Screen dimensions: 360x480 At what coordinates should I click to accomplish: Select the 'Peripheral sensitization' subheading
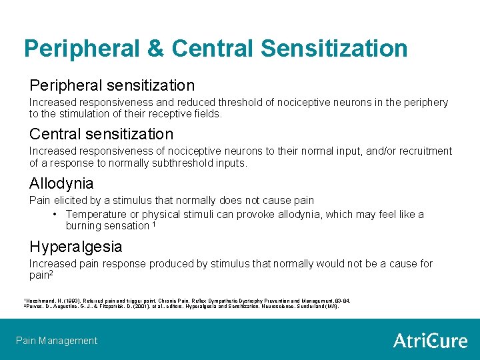pyautogui.click(x=112, y=85)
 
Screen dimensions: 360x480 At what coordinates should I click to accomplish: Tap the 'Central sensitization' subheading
pyautogui.click(x=101, y=133)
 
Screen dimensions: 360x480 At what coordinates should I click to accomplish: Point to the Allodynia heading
pyautogui.click(x=61, y=183)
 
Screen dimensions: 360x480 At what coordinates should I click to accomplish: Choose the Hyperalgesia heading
pyautogui.click(x=75, y=247)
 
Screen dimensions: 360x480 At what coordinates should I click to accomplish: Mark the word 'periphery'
pyautogui.click(x=426, y=103)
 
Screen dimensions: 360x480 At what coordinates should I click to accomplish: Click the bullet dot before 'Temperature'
pyautogui.click(x=55, y=215)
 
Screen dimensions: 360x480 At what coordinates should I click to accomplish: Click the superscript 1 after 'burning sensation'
pyautogui.click(x=154, y=224)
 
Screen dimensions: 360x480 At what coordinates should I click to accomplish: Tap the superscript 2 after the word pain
pyautogui.click(x=51, y=273)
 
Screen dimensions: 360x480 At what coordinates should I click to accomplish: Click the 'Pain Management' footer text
pyautogui.click(x=57, y=341)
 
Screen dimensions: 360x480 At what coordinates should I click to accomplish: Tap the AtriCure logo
pyautogui.click(x=430, y=341)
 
